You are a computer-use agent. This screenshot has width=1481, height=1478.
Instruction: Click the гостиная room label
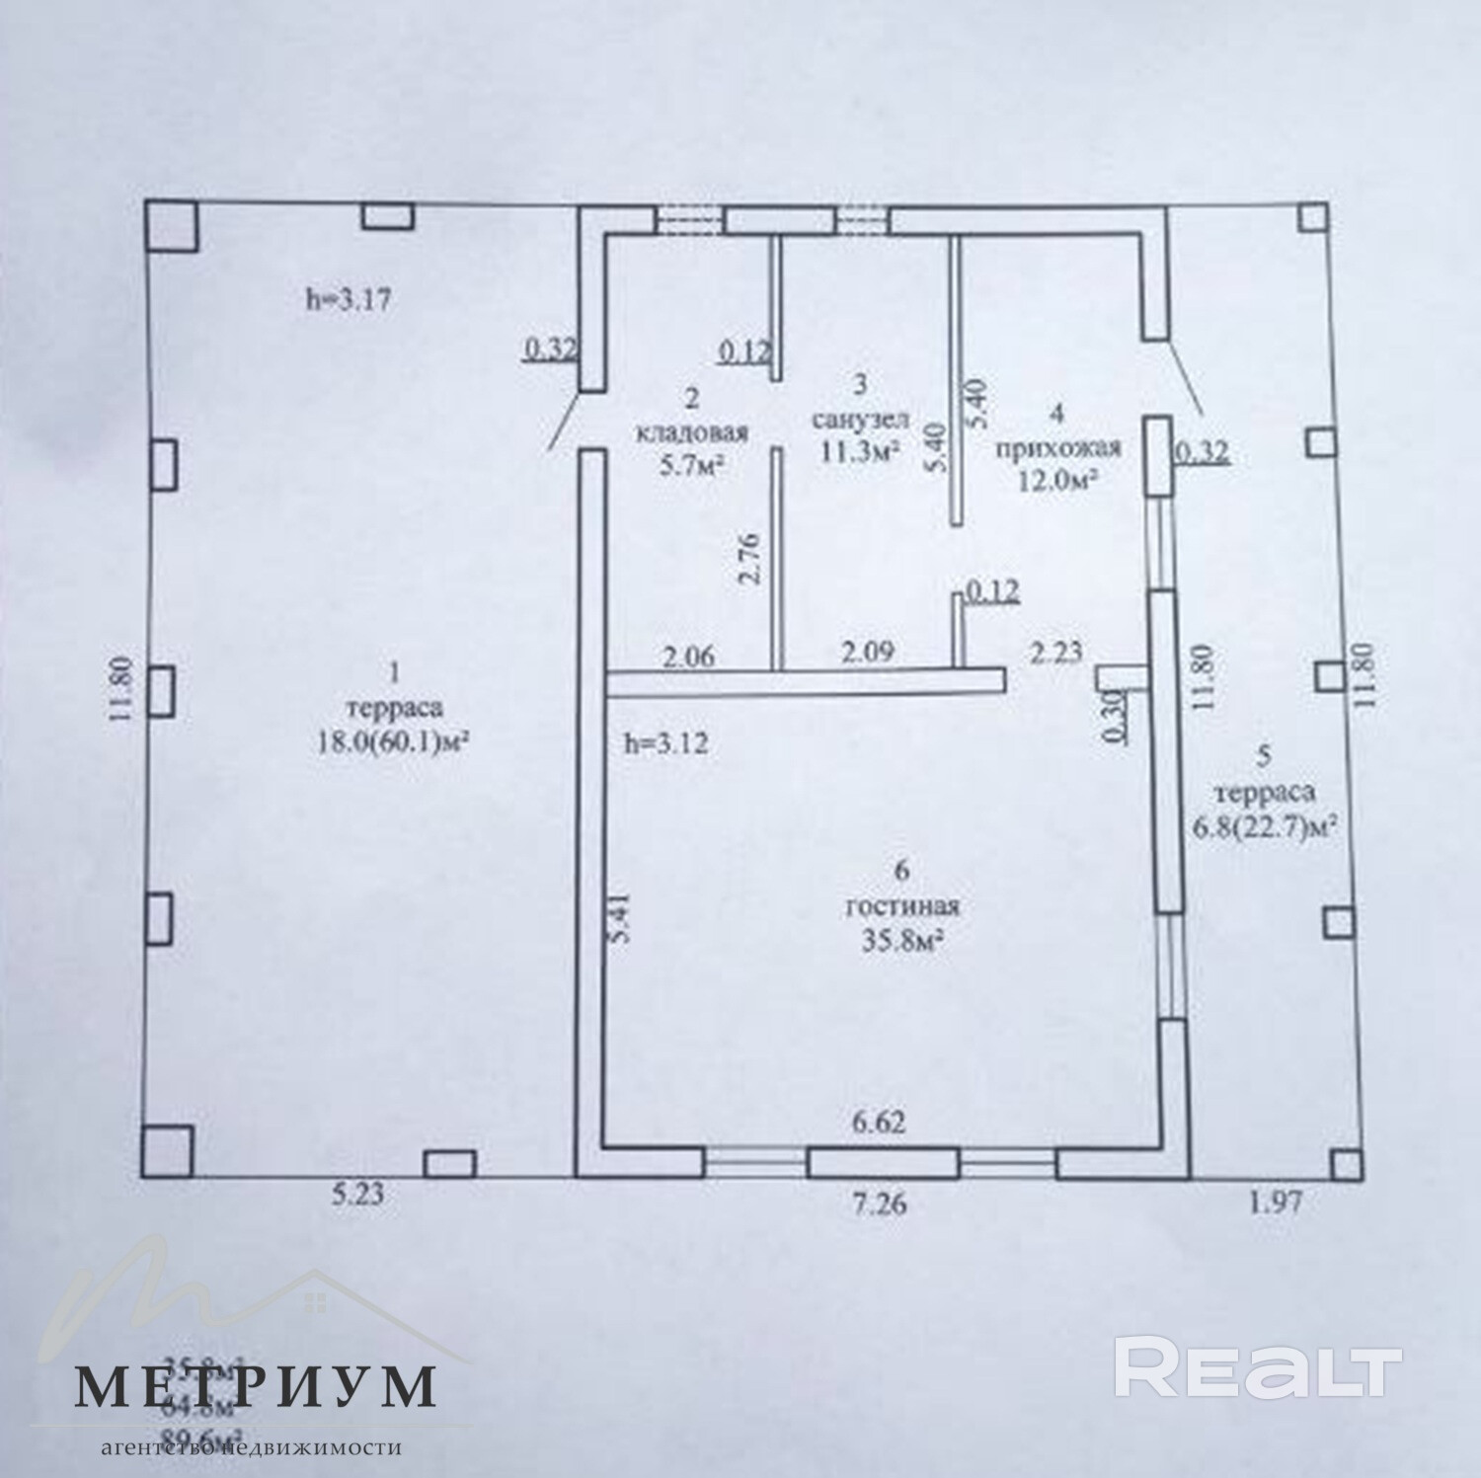point(902,906)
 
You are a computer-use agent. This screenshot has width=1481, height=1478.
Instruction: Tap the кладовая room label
point(692,431)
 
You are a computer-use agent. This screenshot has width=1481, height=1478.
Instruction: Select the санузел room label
point(854,419)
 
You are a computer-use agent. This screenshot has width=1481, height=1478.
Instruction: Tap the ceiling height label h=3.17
point(347,300)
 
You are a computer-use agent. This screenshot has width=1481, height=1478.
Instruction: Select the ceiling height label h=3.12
point(665,742)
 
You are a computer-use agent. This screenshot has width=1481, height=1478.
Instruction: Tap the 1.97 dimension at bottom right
point(1279,1202)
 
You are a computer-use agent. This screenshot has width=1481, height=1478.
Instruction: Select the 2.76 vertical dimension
point(749,560)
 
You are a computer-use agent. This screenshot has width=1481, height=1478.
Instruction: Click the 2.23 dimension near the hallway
point(1056,652)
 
